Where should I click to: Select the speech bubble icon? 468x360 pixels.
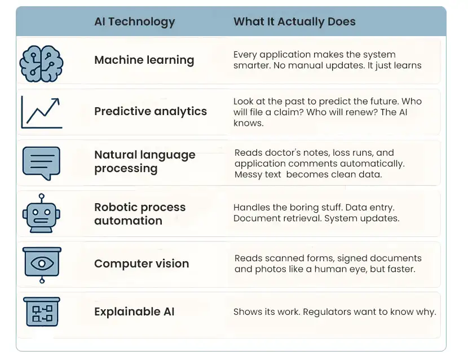pos(41,162)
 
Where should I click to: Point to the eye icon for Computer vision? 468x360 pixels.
pos(41,264)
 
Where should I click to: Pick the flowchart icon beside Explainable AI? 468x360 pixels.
pos(41,311)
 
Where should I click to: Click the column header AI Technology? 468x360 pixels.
pos(134,22)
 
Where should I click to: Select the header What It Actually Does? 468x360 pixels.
pos(294,22)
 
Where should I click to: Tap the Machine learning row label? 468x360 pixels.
pos(144,60)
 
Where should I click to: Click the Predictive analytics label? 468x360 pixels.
pos(150,111)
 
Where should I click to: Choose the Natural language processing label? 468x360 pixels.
pos(144,161)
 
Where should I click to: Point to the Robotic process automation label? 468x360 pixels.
pos(140,213)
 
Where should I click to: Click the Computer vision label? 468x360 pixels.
pos(142,264)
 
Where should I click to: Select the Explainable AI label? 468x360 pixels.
pos(135,311)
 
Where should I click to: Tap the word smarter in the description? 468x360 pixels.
pos(250,65)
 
